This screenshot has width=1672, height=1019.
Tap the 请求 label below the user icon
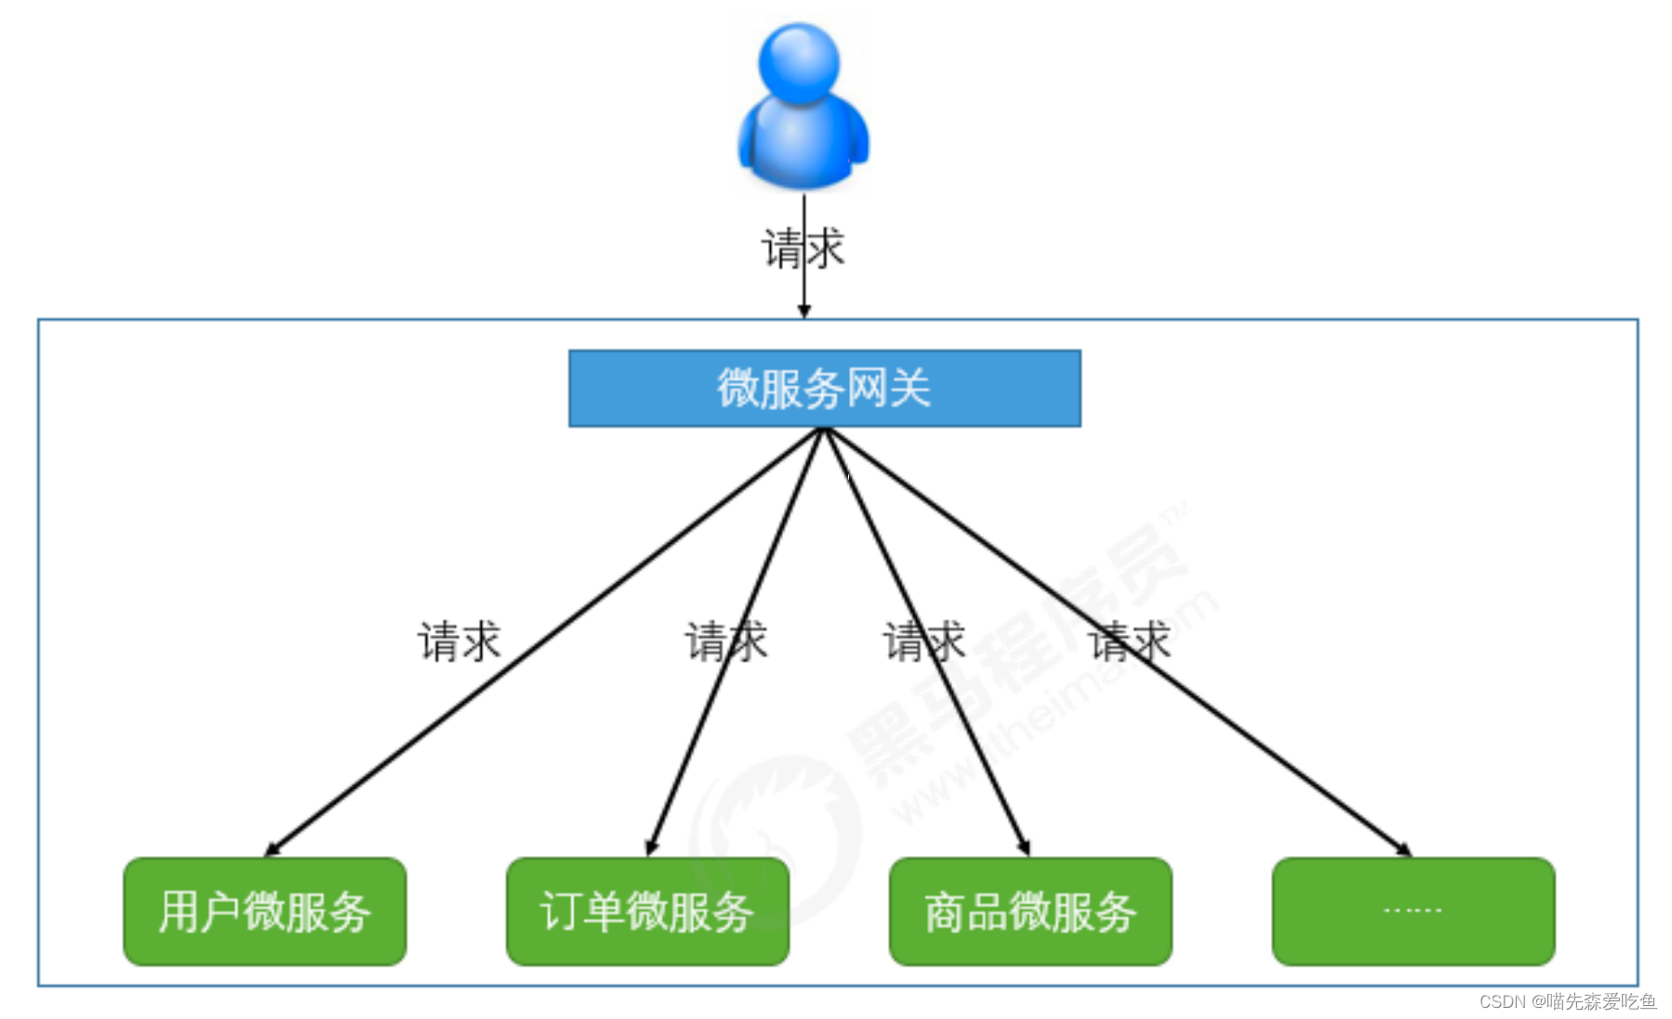[803, 248]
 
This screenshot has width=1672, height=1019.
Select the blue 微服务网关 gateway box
[824, 389]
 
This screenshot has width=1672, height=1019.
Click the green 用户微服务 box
[265, 911]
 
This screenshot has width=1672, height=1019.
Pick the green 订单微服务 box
[647, 911]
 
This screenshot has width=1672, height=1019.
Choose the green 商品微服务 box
[1030, 911]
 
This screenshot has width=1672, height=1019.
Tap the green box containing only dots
[1413, 911]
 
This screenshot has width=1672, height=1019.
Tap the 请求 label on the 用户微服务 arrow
[458, 642]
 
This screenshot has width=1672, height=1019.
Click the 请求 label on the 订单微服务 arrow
[726, 642]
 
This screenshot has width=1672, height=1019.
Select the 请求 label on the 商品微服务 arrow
[923, 642]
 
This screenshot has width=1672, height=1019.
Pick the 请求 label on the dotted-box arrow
[1130, 642]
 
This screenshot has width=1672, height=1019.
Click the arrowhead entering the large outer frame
[804, 311]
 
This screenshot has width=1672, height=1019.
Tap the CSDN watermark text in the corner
[1567, 1001]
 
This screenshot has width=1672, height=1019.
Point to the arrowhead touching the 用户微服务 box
[272, 850]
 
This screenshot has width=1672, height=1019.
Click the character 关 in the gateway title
[909, 389]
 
